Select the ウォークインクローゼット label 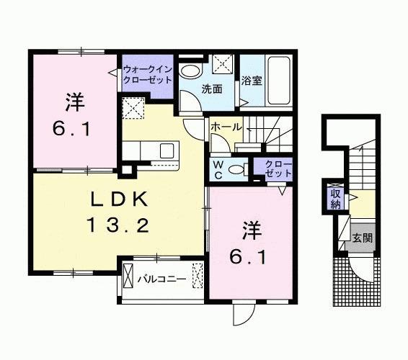pyautogui.click(x=146, y=74)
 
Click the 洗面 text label pyautogui.click(x=211, y=90)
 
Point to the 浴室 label pyautogui.click(x=252, y=81)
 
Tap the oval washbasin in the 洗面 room pyautogui.click(x=190, y=71)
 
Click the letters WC pyautogui.click(x=217, y=170)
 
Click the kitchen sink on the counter pyautogui.click(x=167, y=151)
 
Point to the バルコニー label pyautogui.click(x=163, y=278)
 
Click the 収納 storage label pyautogui.click(x=335, y=198)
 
